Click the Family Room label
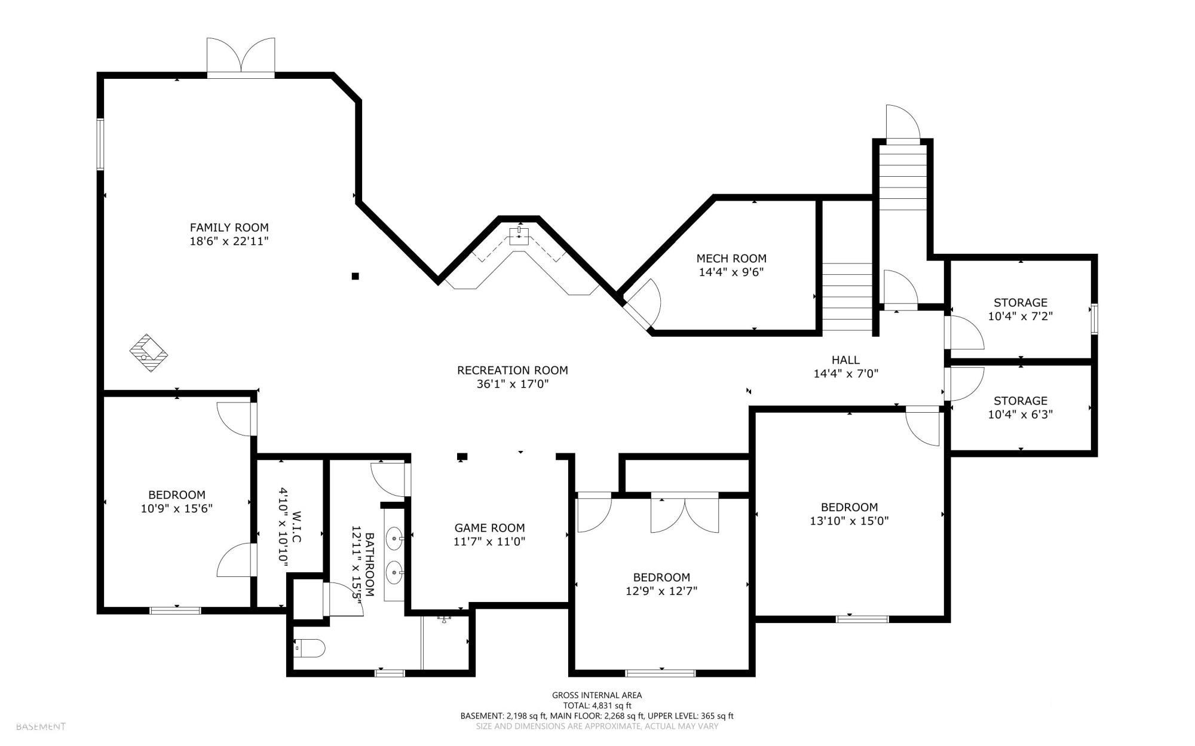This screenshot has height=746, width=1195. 229,228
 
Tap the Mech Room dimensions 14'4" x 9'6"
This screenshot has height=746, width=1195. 731,272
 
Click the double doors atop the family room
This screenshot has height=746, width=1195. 241,57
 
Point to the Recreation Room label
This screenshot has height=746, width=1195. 512,370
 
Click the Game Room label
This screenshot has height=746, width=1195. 489,528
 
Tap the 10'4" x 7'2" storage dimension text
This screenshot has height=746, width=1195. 1020,317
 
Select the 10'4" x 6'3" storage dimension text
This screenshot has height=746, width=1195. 1020,415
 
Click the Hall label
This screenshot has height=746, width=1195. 845,360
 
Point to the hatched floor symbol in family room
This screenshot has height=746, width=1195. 149,353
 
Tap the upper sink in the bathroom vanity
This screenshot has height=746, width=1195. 394,538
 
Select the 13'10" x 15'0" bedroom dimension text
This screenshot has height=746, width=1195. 849,521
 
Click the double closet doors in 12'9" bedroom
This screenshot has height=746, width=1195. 685,512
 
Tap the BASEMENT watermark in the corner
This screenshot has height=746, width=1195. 41,727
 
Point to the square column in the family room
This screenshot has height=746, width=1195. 355,276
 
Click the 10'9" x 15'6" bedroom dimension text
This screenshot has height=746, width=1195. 177,509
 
